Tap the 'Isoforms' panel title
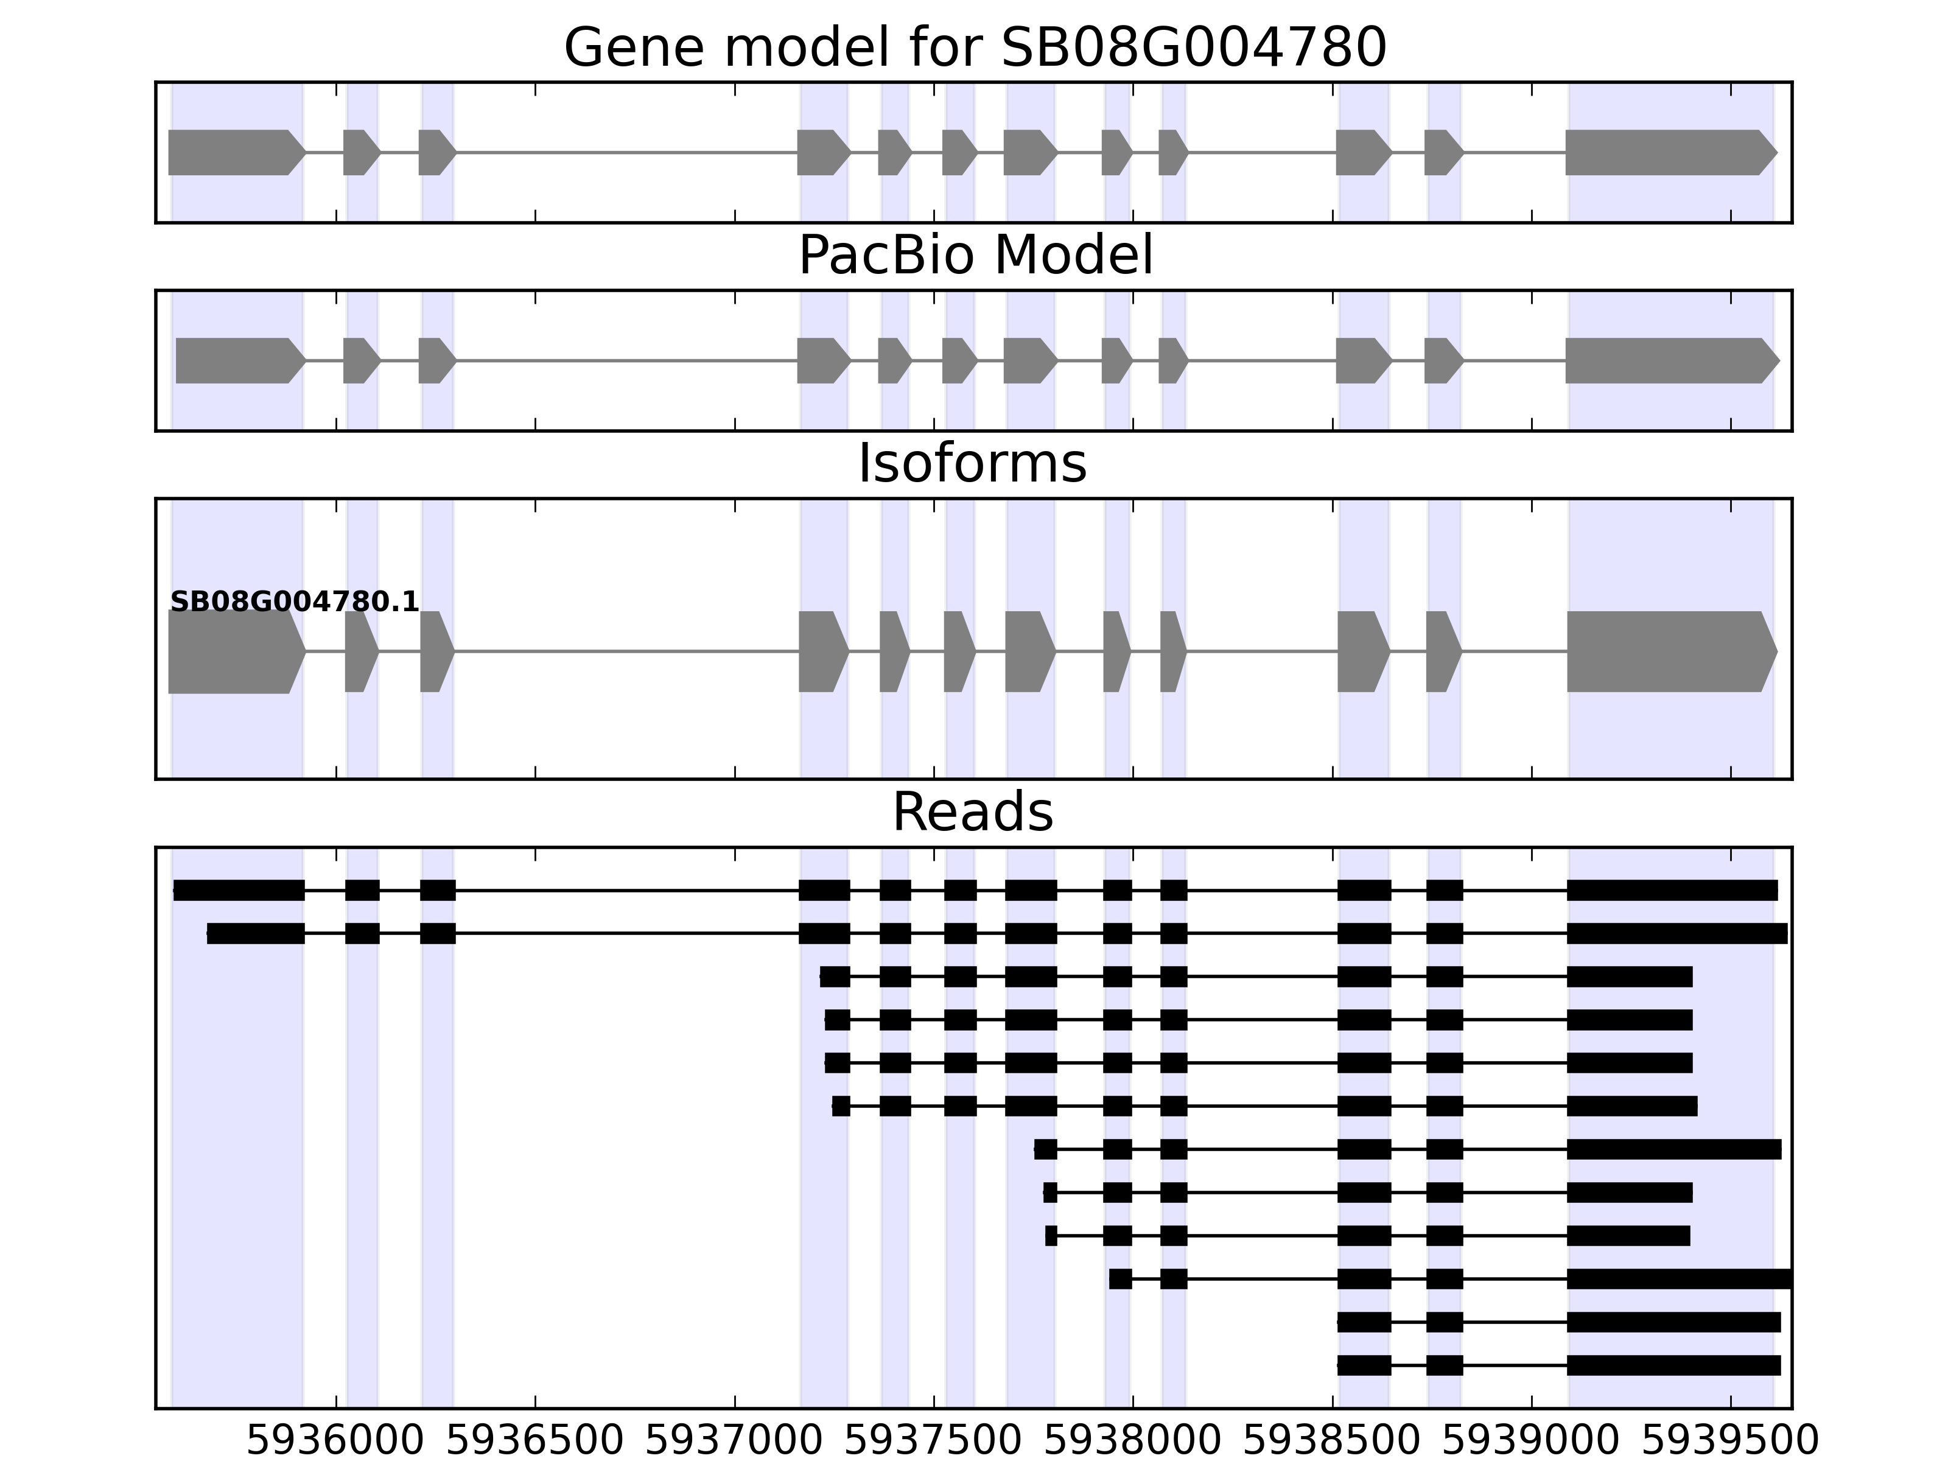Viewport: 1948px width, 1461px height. tap(972, 463)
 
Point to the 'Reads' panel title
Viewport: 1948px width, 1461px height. tap(972, 812)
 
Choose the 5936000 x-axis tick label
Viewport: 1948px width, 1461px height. tap(335, 1441)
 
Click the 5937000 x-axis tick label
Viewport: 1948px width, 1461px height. tap(735, 1441)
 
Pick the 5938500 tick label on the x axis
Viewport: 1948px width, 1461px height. tap(1333, 1441)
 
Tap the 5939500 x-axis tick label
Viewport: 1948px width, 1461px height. tap(1731, 1441)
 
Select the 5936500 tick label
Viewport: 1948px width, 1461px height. tap(534, 1441)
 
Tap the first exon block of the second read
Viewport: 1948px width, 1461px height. tap(256, 933)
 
